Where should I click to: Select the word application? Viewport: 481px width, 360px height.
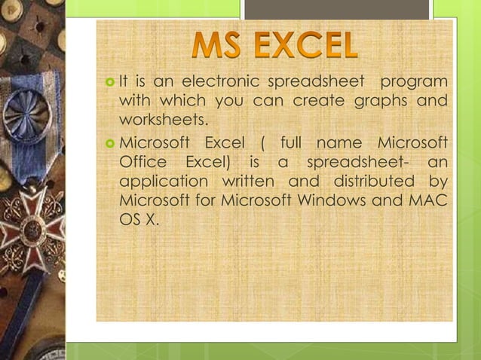163,182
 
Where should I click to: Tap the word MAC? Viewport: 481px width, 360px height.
429,202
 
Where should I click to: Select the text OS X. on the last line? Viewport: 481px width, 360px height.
139,222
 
